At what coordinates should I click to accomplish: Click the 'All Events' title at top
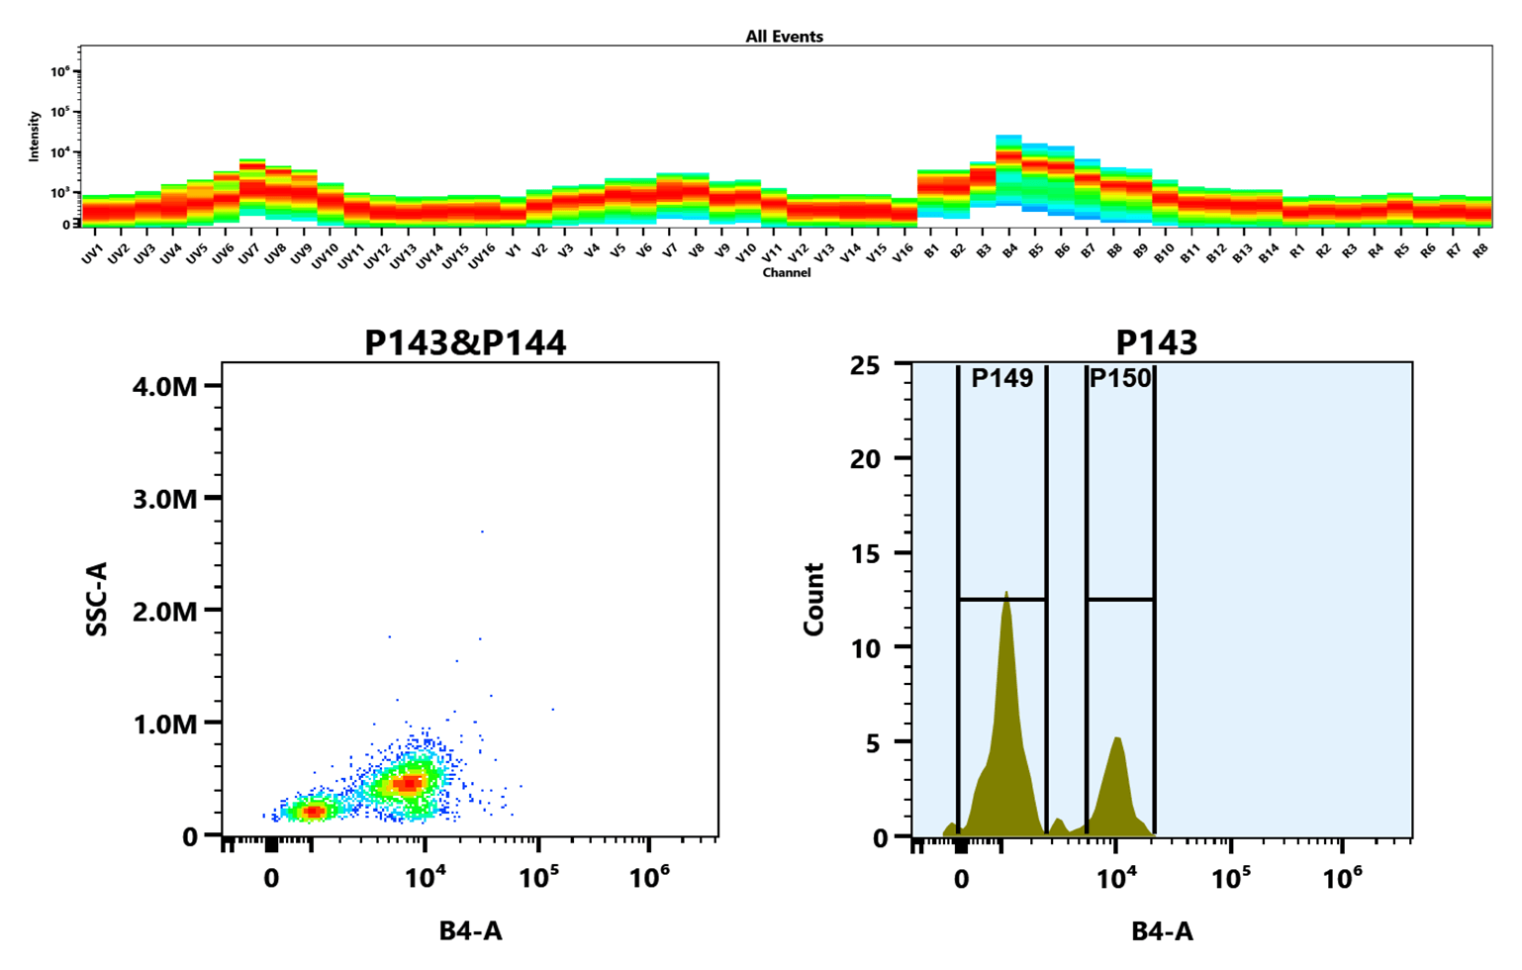(784, 37)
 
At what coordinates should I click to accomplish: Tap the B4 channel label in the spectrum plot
(1009, 252)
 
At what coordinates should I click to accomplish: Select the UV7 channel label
(248, 255)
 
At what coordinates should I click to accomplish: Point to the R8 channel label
(1479, 251)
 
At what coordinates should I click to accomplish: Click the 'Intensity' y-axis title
(35, 136)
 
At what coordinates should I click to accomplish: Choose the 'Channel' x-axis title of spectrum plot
(786, 272)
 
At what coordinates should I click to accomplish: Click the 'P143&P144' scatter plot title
(465, 342)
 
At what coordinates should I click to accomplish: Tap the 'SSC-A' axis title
(97, 598)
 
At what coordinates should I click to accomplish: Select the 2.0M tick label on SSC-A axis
(165, 611)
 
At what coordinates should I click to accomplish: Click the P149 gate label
(1001, 379)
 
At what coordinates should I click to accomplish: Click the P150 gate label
(1120, 379)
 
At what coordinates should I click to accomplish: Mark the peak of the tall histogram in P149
(1006, 594)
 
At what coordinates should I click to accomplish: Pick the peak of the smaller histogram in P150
(1116, 738)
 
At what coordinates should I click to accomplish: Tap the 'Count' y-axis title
(813, 599)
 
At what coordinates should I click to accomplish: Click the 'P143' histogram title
(1156, 342)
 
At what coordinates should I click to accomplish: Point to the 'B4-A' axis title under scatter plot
(470, 930)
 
